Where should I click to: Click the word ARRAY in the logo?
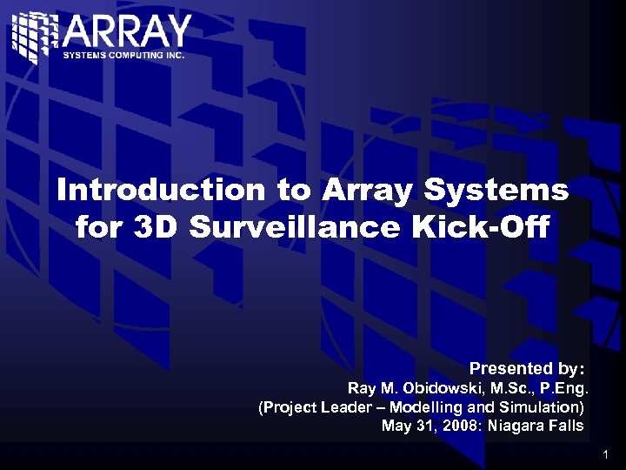(x=127, y=33)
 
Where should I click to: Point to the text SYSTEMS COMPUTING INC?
(x=123, y=55)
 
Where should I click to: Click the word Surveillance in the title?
(x=289, y=227)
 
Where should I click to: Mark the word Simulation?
(x=537, y=406)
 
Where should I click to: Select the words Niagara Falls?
(x=536, y=426)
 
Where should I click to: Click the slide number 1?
(x=605, y=455)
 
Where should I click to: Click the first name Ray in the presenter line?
(x=361, y=387)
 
